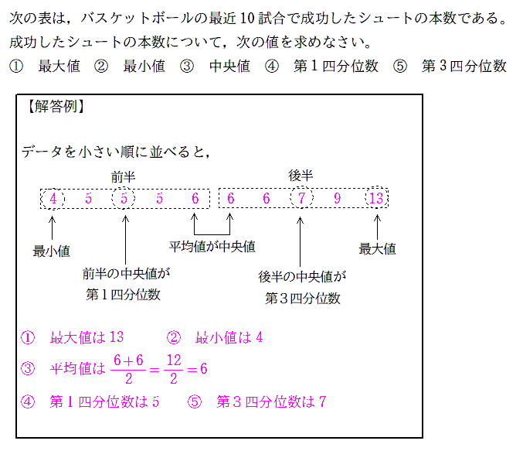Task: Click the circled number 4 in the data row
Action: point(53,199)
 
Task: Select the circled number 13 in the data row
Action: point(376,199)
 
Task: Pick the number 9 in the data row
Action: point(337,199)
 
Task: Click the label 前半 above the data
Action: point(124,176)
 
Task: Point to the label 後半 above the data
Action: point(301,176)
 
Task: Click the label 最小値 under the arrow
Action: point(52,251)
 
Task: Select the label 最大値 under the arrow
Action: point(377,249)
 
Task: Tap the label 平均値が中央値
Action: point(212,247)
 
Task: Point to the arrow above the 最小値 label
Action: point(53,227)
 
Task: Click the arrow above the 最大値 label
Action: point(377,227)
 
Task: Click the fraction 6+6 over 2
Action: point(127,369)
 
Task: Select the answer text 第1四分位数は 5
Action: point(104,402)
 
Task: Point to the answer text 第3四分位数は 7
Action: point(271,402)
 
